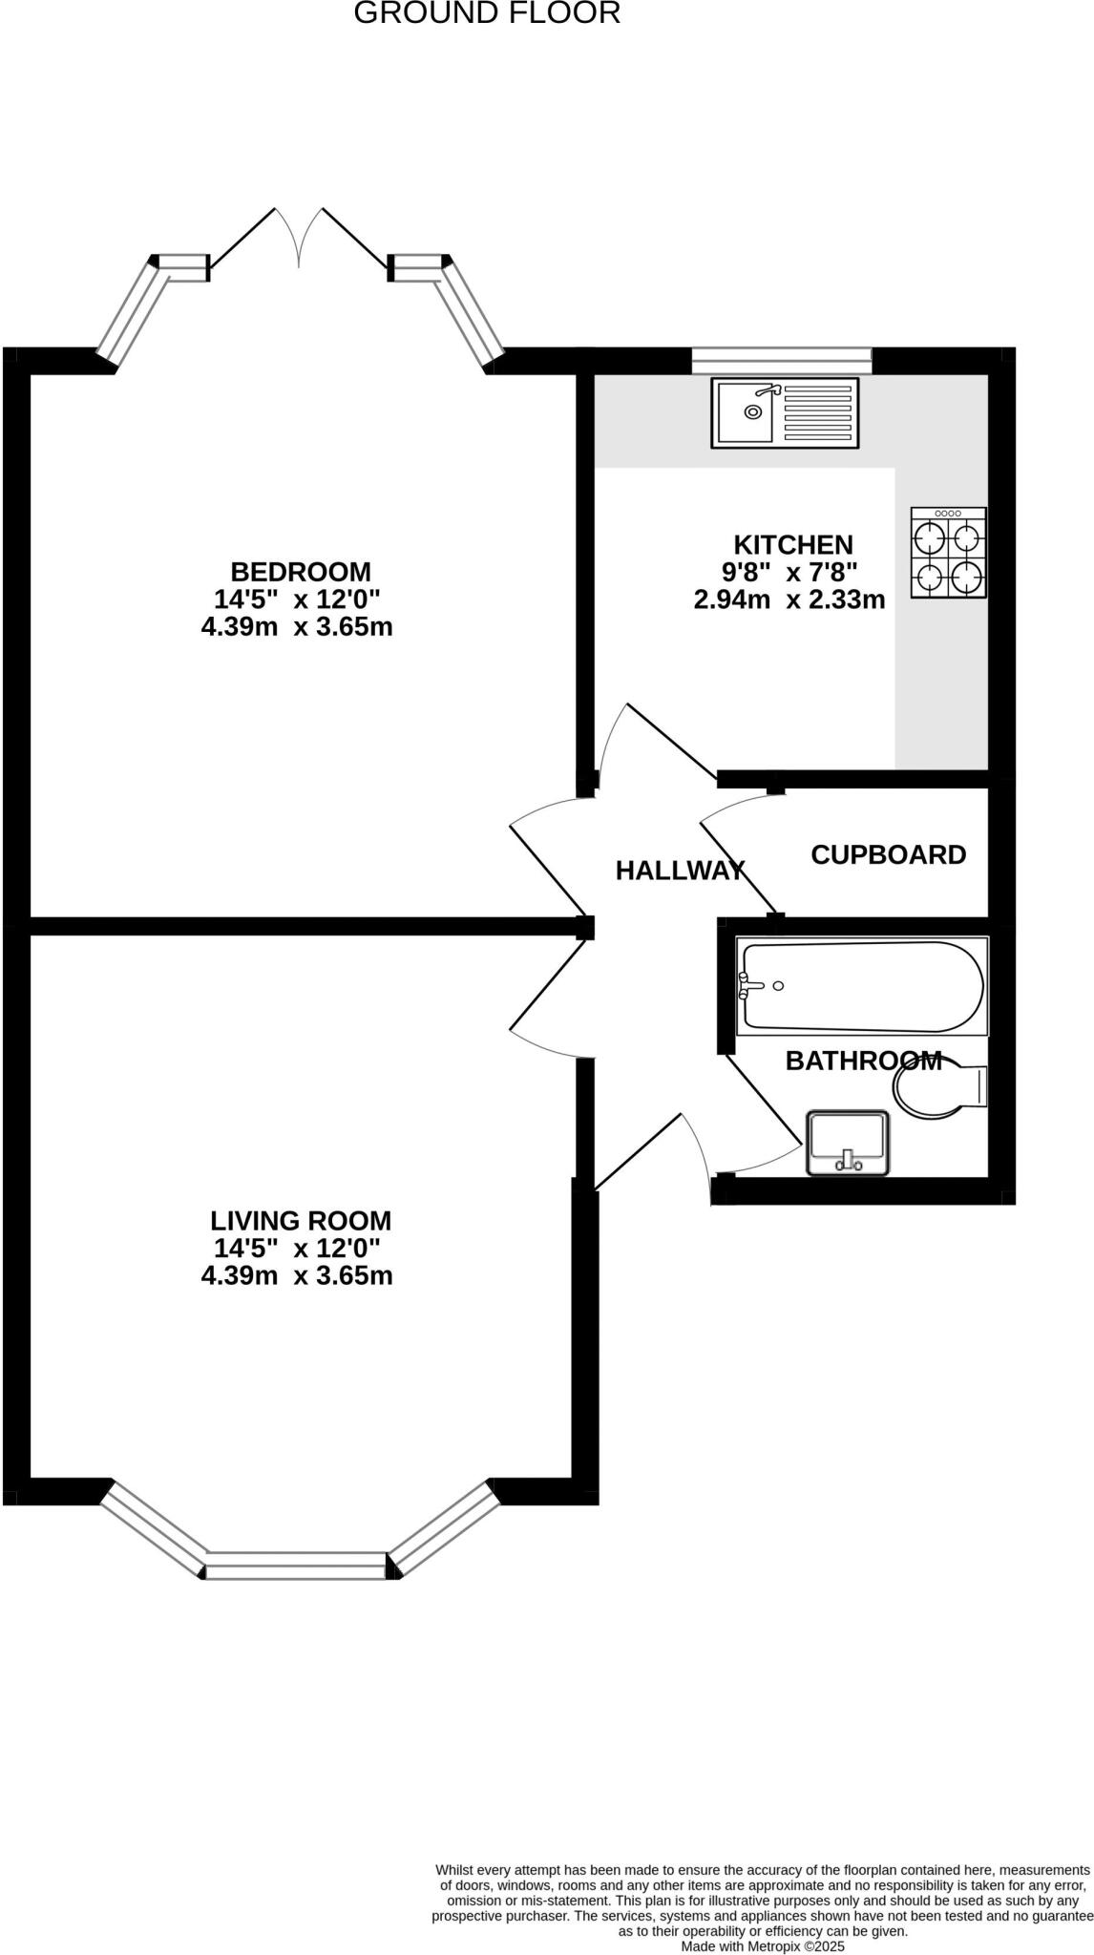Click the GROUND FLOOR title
[x=487, y=13]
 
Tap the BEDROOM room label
[x=301, y=572]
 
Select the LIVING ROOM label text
[x=301, y=1221]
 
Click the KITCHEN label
[x=793, y=545]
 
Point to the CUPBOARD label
[x=888, y=854]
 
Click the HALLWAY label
[x=679, y=871]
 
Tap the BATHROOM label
[x=863, y=1061]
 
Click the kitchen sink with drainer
[x=785, y=413]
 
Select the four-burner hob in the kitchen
[x=948, y=554]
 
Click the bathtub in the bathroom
[x=862, y=987]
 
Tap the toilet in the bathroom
[x=940, y=1089]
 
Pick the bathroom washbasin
[x=848, y=1143]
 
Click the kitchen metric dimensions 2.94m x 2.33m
[x=789, y=600]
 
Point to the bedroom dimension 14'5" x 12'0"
[x=297, y=599]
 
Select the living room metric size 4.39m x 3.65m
[x=297, y=1276]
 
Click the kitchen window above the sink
[x=781, y=360]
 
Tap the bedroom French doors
[x=300, y=239]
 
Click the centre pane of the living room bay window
[x=296, y=1566]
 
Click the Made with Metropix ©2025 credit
[x=763, y=1945]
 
